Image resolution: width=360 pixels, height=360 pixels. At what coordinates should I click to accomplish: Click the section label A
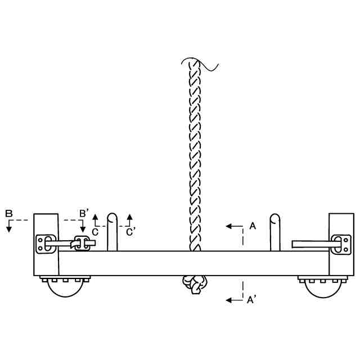point(253,226)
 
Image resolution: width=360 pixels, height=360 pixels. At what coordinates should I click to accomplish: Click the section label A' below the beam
point(252,300)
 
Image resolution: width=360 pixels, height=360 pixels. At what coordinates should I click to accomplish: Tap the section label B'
point(83,213)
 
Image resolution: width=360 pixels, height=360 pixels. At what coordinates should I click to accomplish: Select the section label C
point(96,231)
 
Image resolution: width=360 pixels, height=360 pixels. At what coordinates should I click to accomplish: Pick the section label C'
point(130,231)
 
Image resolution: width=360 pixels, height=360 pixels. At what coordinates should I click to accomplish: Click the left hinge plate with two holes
point(44,244)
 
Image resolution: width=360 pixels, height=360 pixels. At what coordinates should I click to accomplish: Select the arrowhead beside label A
point(229,226)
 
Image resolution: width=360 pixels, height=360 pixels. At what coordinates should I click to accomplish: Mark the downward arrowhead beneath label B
point(10,227)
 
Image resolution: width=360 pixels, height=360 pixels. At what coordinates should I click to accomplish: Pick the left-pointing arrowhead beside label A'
point(229,300)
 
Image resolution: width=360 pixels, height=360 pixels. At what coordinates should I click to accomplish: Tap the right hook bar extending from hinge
point(313,244)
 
